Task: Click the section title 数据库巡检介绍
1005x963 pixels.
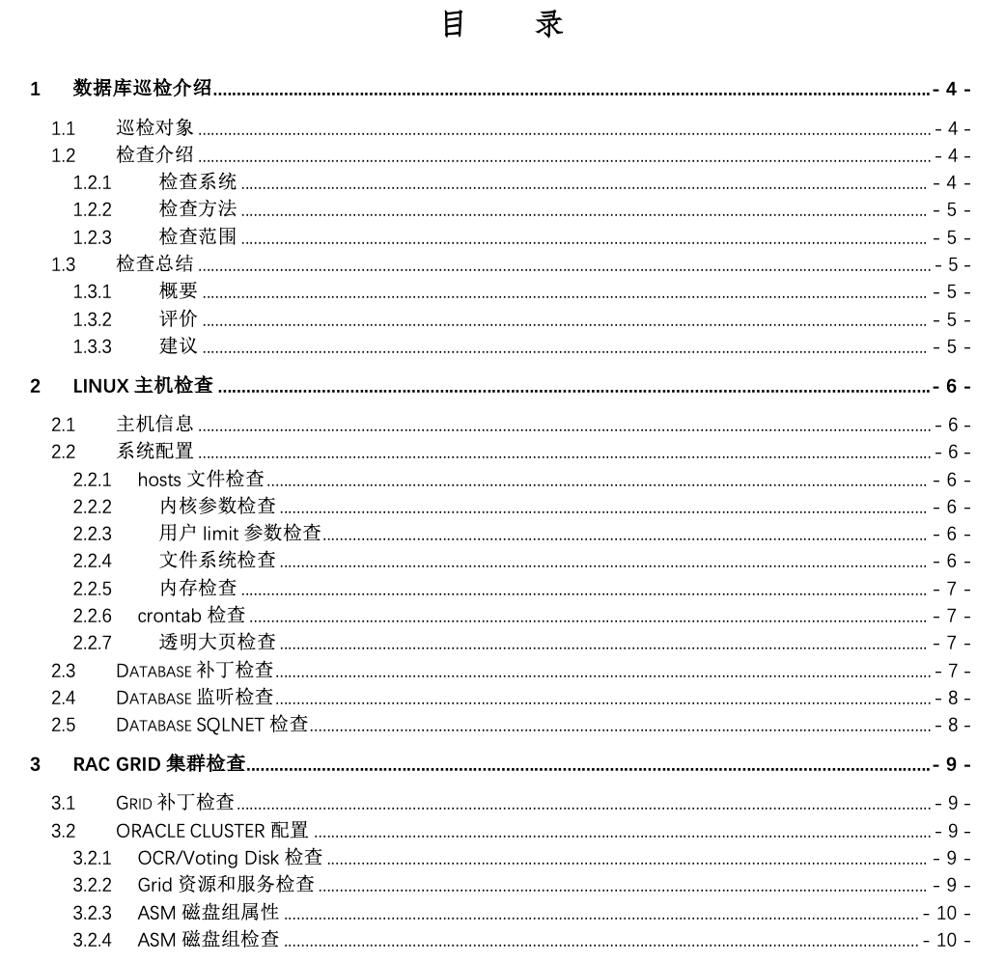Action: tap(143, 90)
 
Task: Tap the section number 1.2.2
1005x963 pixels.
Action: tap(93, 209)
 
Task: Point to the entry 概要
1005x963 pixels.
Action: tap(178, 291)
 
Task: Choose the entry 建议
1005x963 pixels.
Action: tap(178, 346)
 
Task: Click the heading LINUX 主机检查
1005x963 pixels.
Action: tap(143, 387)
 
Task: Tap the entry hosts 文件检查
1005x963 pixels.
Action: tap(201, 480)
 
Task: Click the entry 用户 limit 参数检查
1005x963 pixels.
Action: tap(240, 534)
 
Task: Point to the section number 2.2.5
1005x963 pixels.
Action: tap(93, 589)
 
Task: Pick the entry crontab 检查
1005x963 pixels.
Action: tap(191, 616)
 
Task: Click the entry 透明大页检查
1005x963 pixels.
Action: tap(217, 643)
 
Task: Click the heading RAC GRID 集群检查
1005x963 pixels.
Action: tap(159, 765)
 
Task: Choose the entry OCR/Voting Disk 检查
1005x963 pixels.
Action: tap(230, 857)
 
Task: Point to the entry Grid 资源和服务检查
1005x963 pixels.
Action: tap(226, 884)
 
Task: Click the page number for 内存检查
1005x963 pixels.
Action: tap(952, 589)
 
